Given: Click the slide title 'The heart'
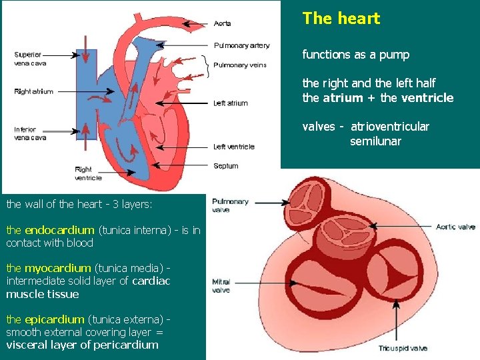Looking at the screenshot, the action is click(341, 19).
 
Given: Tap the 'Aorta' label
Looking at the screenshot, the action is click(223, 24).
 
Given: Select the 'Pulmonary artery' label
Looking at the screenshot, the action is click(241, 45).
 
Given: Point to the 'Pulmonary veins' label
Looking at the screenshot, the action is click(240, 65).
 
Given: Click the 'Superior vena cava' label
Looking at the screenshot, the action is click(28, 59).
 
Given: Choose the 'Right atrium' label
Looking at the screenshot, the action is click(33, 92).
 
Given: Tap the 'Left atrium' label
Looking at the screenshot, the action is click(231, 103).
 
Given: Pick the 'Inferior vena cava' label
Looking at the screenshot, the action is click(30, 133).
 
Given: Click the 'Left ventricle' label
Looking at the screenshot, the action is click(234, 147).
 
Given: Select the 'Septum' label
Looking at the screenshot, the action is click(226, 166).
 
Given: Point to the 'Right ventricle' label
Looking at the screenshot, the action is click(88, 173).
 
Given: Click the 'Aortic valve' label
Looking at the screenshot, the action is click(455, 227).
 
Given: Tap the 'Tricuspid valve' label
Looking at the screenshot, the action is click(403, 348).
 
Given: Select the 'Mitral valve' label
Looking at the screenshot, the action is click(221, 286).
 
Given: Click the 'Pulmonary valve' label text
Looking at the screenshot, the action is click(230, 205).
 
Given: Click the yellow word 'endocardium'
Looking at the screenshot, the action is click(59, 230).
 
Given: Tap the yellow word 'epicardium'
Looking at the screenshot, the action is click(55, 319).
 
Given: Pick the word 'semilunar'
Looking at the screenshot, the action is click(375, 141).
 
